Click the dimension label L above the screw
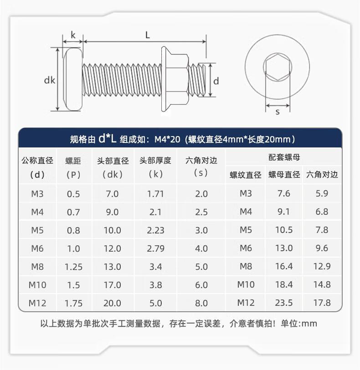click(x=147, y=35)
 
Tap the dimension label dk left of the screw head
click(x=50, y=80)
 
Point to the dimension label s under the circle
click(x=278, y=112)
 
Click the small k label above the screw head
click(x=73, y=35)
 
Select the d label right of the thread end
click(x=216, y=81)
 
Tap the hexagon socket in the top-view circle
click(x=278, y=67)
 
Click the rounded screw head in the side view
click(x=73, y=79)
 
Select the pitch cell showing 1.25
click(x=73, y=267)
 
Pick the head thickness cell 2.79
click(x=155, y=248)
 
